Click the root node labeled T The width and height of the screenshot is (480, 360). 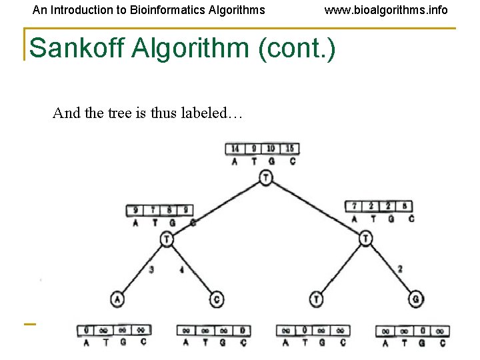tap(266, 177)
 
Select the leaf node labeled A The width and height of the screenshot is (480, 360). tap(118, 299)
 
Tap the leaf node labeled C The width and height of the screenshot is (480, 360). tap(217, 299)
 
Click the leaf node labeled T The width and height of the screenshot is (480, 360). tap(317, 299)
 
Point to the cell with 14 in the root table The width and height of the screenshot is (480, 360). tap(235, 148)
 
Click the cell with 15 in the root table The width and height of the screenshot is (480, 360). tap(289, 148)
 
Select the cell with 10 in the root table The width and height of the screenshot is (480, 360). tap(271, 148)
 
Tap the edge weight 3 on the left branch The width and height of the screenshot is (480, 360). tap(152, 269)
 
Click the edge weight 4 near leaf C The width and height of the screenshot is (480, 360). tap(181, 269)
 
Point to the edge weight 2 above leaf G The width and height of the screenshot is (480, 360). tap(400, 269)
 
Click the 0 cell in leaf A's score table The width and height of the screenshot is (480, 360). tap(87, 330)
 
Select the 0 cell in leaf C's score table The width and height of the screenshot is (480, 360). tap(242, 330)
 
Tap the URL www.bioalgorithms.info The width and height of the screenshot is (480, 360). tap(386, 10)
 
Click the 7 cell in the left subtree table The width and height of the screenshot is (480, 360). tap(155, 211)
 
